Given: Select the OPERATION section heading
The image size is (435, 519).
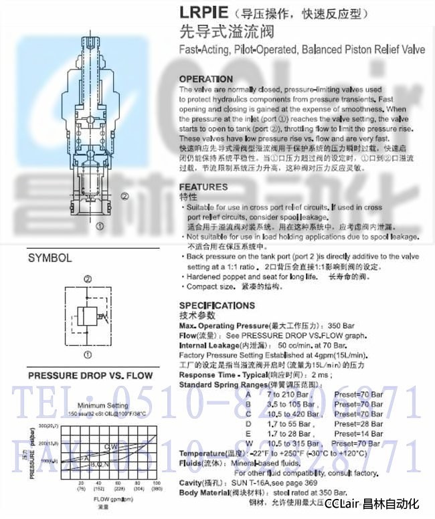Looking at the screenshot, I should coord(206,79).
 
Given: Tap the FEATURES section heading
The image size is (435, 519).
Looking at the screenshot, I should coord(203,187).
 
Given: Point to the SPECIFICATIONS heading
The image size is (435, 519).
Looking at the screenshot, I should coord(217,306).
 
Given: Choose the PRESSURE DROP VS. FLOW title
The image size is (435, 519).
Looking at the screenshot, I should coord(90,375).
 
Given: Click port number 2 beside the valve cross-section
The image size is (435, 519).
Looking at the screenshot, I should coord(124,196).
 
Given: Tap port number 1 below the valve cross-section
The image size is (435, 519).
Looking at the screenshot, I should coord(100,227).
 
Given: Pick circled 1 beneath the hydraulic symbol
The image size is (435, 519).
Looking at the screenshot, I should coord(88,354).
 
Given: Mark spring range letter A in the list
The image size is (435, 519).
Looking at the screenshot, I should coord(248,395).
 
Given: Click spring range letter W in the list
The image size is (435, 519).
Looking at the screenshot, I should coord(248,443).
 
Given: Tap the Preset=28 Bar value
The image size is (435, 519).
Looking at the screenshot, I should coord(359,423).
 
